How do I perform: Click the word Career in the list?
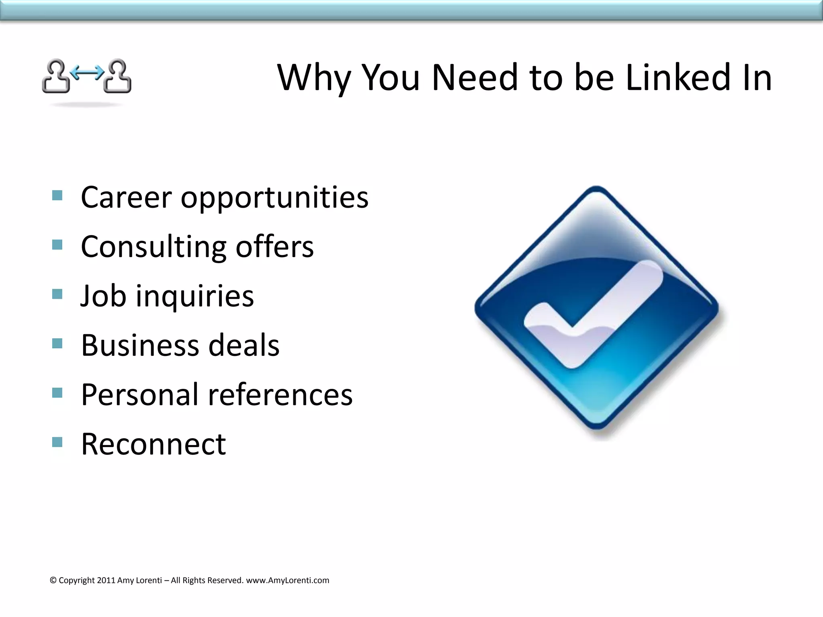pyautogui.click(x=126, y=197)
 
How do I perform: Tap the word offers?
pyautogui.click(x=274, y=247)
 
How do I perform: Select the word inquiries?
pyautogui.click(x=195, y=296)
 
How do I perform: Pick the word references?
pyautogui.click(x=280, y=394)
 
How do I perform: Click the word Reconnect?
pyautogui.click(x=154, y=444)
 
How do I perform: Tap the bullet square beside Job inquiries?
pyautogui.click(x=57, y=294)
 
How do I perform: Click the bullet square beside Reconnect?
pyautogui.click(x=57, y=442)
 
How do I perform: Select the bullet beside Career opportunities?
pyautogui.click(x=57, y=196)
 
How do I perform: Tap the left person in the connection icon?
pyautogui.click(x=56, y=77)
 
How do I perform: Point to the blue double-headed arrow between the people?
pyautogui.click(x=87, y=72)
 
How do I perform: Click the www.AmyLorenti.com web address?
pyautogui.click(x=287, y=580)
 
